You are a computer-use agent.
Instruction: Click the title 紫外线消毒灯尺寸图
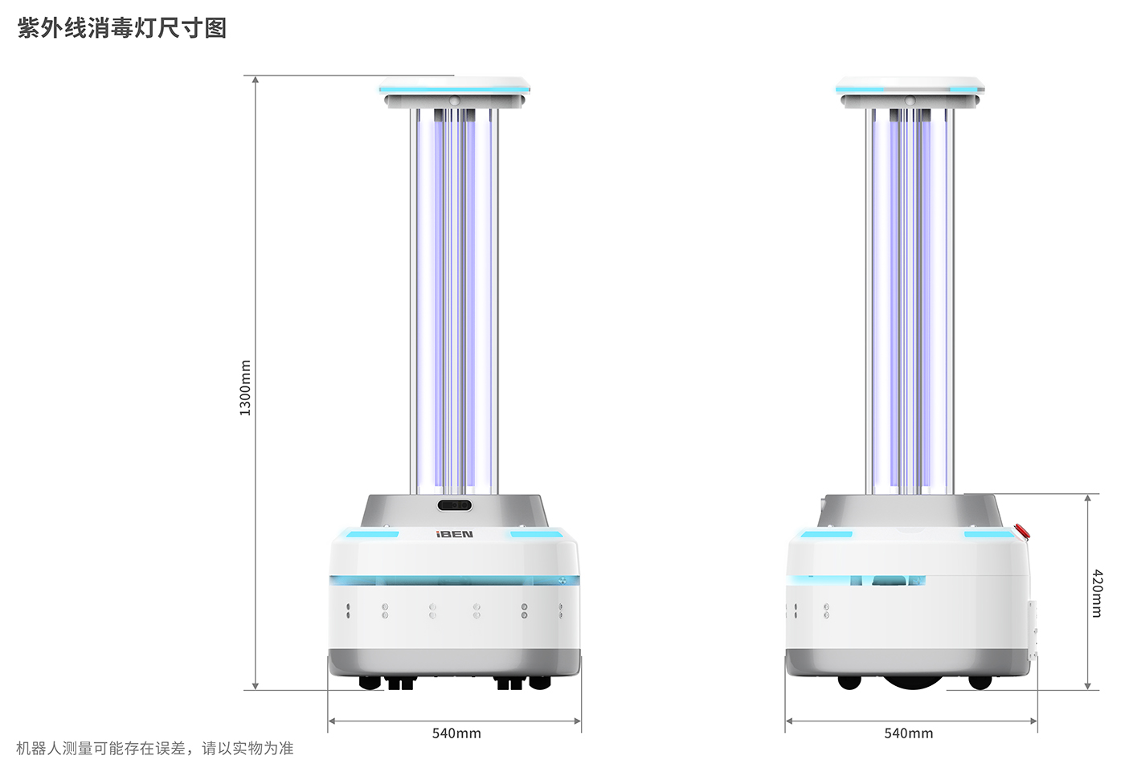(x=122, y=27)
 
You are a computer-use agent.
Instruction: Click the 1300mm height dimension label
(x=245, y=388)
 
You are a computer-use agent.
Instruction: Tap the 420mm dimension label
(x=1098, y=594)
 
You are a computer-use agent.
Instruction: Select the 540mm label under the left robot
(x=456, y=733)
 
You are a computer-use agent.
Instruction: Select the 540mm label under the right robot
(x=909, y=733)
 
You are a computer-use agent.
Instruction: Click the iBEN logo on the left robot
(x=455, y=534)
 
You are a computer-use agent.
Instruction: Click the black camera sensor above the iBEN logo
(x=455, y=505)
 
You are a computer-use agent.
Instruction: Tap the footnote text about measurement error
(x=154, y=749)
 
